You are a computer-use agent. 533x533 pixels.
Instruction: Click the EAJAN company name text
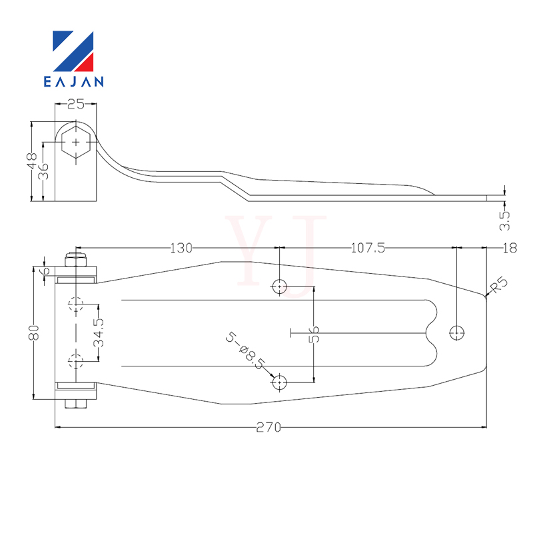[73, 81]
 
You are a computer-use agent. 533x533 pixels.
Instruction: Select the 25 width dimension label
[75, 104]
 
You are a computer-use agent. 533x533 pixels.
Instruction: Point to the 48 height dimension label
[32, 161]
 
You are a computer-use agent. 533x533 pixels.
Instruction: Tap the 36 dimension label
[43, 171]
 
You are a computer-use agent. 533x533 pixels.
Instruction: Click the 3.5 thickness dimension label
[505, 221]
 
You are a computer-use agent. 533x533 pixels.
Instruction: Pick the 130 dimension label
[181, 248]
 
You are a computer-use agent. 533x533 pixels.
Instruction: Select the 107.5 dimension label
[368, 248]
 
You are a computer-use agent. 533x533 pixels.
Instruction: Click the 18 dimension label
[510, 248]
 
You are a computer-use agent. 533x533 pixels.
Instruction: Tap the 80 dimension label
[34, 332]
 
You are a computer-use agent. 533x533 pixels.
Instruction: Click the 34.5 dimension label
[99, 332]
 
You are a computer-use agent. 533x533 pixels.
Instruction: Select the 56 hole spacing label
[314, 334]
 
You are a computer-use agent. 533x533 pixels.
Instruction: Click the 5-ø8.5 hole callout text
[245, 351]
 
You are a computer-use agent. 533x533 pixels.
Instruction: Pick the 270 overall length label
[268, 427]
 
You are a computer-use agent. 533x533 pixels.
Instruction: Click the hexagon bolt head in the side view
[76, 142]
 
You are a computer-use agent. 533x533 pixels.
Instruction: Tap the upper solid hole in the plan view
[280, 286]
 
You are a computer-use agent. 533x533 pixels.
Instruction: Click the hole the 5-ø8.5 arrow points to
[280, 382]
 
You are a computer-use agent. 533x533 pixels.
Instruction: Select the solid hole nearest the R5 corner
[457, 332]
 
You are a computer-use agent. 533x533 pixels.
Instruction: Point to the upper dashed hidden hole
[76, 304]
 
